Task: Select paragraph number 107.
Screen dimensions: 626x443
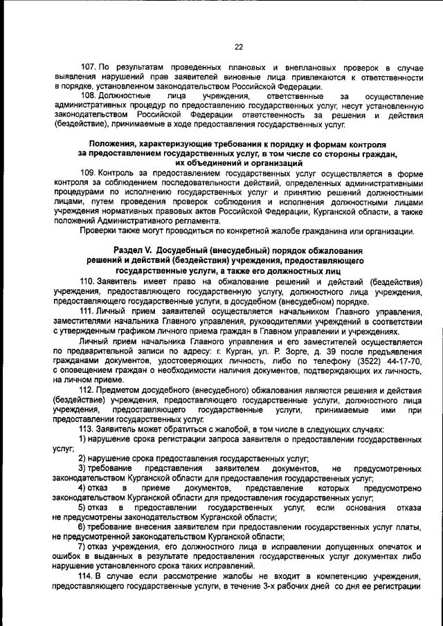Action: coord(88,68)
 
